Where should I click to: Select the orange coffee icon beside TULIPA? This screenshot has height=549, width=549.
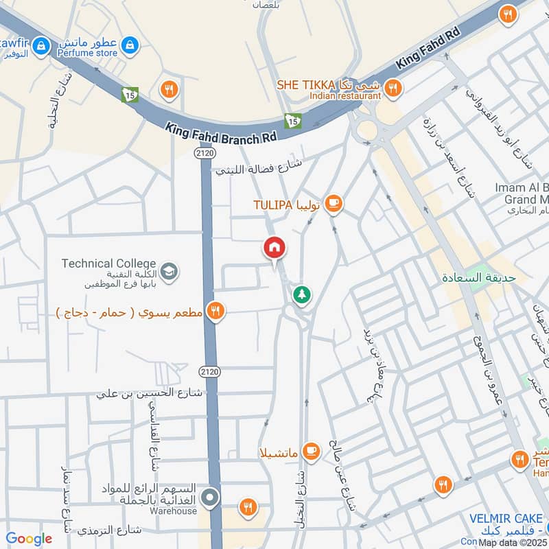(x=334, y=202)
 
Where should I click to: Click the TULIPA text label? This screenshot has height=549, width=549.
(x=273, y=205)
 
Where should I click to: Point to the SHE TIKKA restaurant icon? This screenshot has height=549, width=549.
(x=393, y=87)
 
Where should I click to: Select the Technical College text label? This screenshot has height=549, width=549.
(x=108, y=264)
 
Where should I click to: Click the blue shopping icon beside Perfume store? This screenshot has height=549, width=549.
(x=128, y=46)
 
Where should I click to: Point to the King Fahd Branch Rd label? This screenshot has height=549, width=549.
(x=222, y=132)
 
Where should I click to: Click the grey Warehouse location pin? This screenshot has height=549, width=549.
(x=210, y=498)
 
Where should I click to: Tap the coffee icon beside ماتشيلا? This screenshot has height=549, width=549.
(x=311, y=451)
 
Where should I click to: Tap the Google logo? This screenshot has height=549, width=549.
(x=29, y=539)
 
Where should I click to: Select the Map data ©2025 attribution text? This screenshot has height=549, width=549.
(x=513, y=542)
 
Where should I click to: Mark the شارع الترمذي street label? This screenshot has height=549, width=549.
(x=109, y=530)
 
